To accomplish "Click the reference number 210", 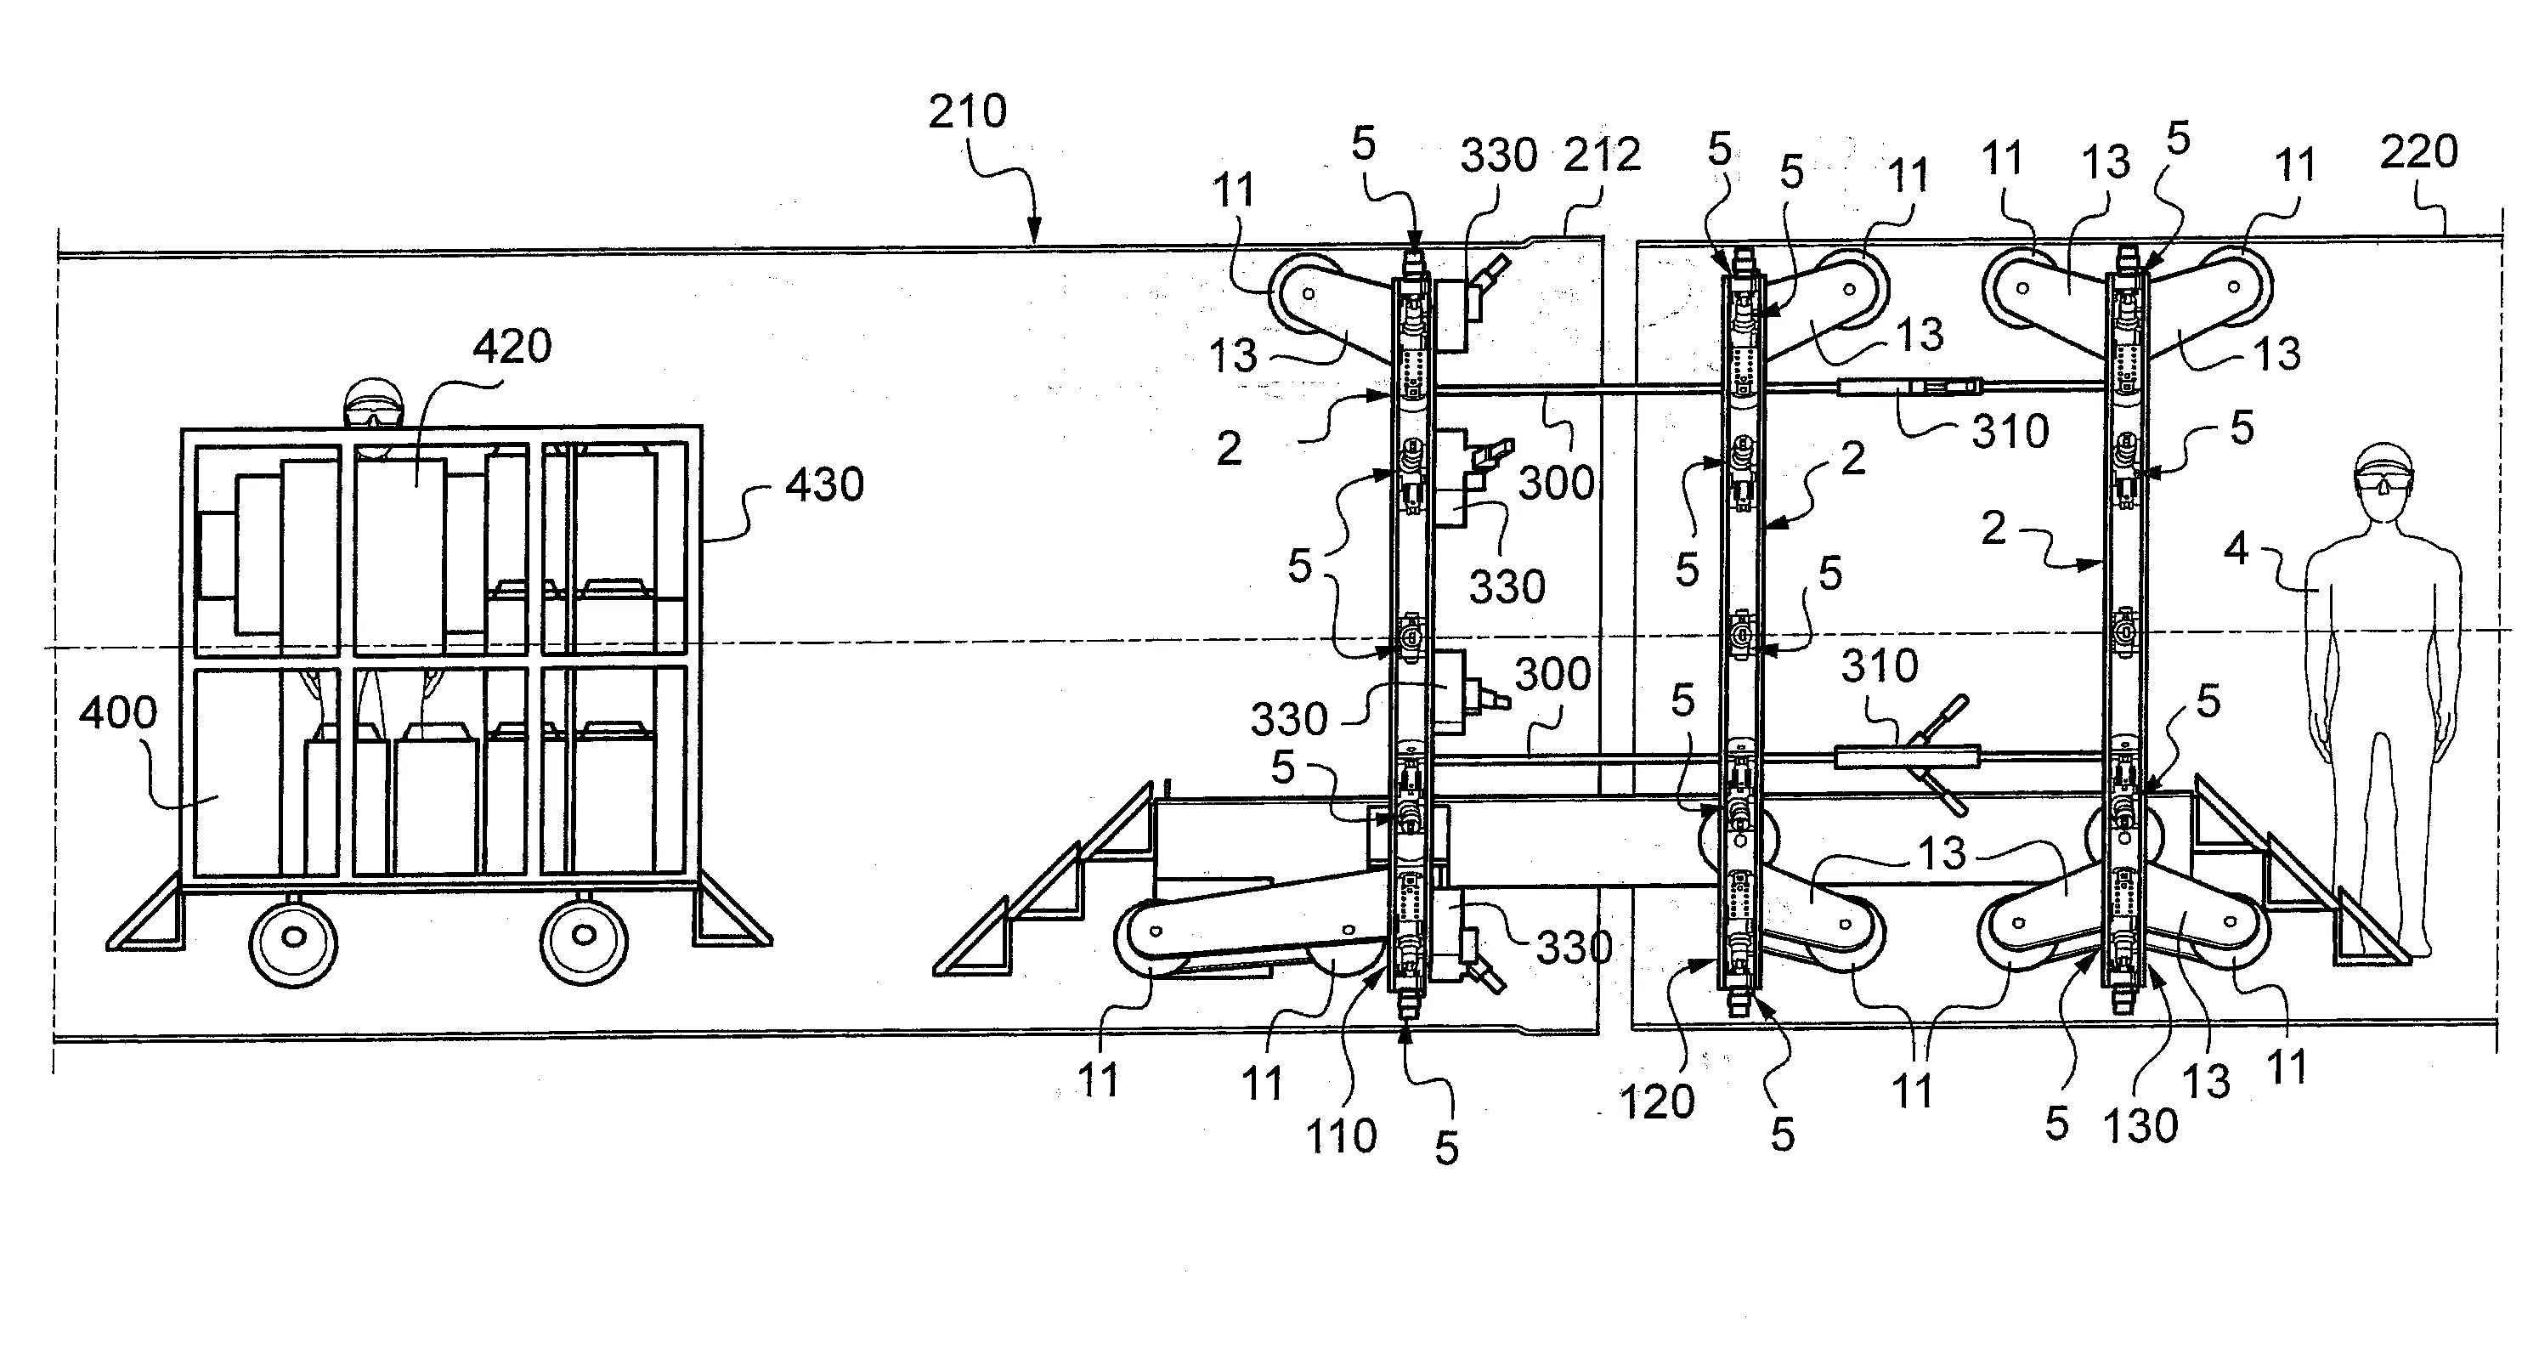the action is click(967, 111).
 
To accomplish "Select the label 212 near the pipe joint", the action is click(1602, 155).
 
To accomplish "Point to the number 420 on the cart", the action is click(512, 346).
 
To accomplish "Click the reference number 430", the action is click(824, 484).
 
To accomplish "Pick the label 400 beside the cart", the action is click(117, 711).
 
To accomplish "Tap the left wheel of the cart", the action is click(293, 941).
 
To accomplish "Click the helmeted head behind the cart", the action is click(374, 403).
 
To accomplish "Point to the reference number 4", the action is click(2236, 549).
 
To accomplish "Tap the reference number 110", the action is click(1341, 1136).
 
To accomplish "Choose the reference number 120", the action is click(1657, 1101).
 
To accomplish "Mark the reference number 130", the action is click(2140, 1125).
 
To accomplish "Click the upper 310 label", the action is click(2010, 432).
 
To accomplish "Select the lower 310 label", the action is click(1880, 666).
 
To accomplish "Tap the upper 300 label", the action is click(1557, 483).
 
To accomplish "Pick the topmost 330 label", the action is click(1498, 156).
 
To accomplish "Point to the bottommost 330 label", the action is click(1574, 947).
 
